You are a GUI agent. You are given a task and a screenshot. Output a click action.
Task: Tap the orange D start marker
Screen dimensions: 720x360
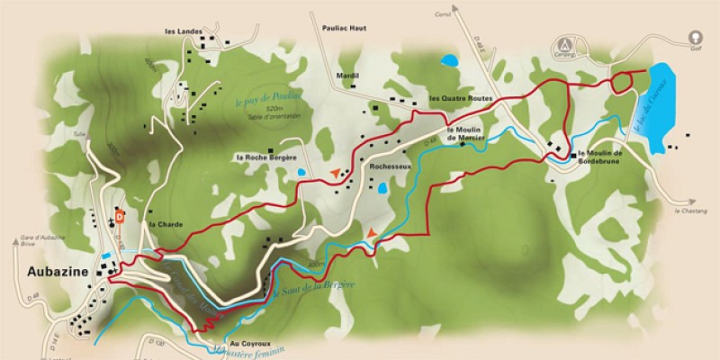point(119,216)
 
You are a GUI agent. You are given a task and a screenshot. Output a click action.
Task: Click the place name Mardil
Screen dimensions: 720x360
point(346,76)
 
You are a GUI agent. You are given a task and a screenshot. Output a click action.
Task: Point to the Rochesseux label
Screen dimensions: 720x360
point(390,166)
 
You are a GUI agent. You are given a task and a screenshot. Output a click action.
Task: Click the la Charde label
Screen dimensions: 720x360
point(160,223)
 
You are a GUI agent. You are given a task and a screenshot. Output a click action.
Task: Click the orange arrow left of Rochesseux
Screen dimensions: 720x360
point(335,170)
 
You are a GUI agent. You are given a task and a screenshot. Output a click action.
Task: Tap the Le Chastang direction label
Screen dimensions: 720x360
point(688,211)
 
